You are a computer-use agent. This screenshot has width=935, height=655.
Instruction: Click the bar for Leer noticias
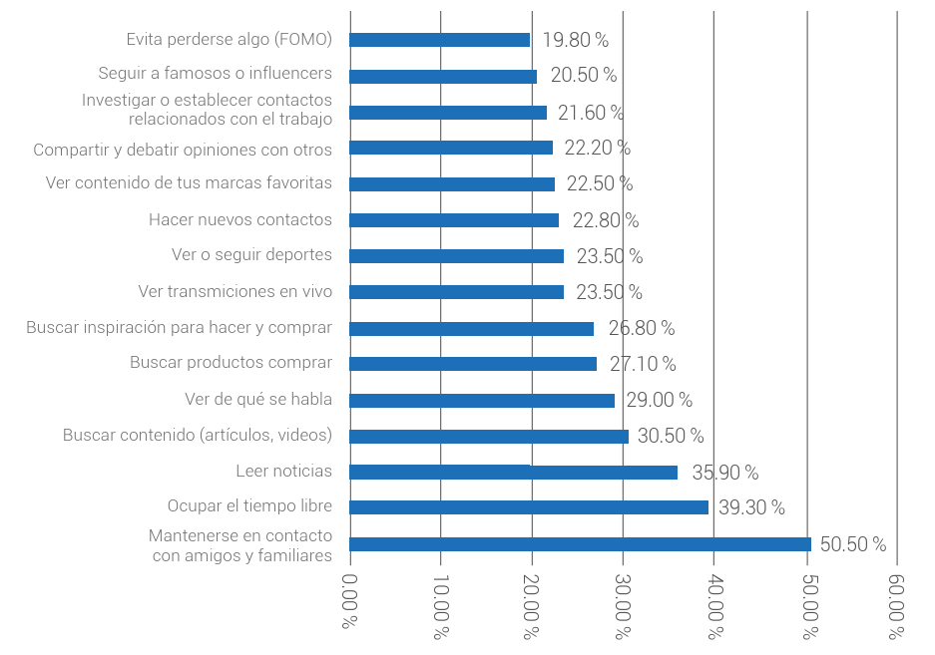coord(513,473)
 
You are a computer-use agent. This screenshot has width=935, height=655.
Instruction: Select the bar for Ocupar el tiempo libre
coord(529,507)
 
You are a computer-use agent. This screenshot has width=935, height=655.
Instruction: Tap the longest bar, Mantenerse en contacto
coord(580,544)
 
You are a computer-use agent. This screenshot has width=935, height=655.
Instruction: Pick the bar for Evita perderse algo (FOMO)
coord(439,40)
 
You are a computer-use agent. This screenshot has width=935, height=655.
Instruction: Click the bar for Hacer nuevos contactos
coord(454,220)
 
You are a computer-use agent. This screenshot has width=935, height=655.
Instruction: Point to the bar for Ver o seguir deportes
coord(456,256)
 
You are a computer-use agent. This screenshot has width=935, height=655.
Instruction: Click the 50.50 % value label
coord(853,544)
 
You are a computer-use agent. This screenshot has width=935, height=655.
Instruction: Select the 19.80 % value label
coord(576,40)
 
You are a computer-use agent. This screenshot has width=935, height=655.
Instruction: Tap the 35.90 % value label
coord(725,473)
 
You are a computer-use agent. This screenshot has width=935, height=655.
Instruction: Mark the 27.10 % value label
coord(643,364)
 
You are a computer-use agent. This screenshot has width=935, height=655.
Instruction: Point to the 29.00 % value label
coord(659,400)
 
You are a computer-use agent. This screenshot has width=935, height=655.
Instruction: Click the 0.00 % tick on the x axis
coord(350,606)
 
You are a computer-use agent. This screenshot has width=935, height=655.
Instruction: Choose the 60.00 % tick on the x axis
coord(898,606)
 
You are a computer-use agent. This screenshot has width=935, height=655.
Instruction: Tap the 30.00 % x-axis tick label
coord(624,606)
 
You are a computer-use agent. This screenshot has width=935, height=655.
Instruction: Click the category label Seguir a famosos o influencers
coord(215,74)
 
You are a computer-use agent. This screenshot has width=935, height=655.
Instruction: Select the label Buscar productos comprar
coord(231,363)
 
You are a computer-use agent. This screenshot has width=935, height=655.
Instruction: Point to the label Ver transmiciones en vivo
coord(234,291)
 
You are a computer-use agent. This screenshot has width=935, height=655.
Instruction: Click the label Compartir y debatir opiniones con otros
coord(183,150)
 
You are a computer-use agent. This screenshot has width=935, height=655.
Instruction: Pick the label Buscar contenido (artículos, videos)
coord(198,435)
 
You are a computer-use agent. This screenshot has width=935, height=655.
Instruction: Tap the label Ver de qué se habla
coord(258,399)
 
